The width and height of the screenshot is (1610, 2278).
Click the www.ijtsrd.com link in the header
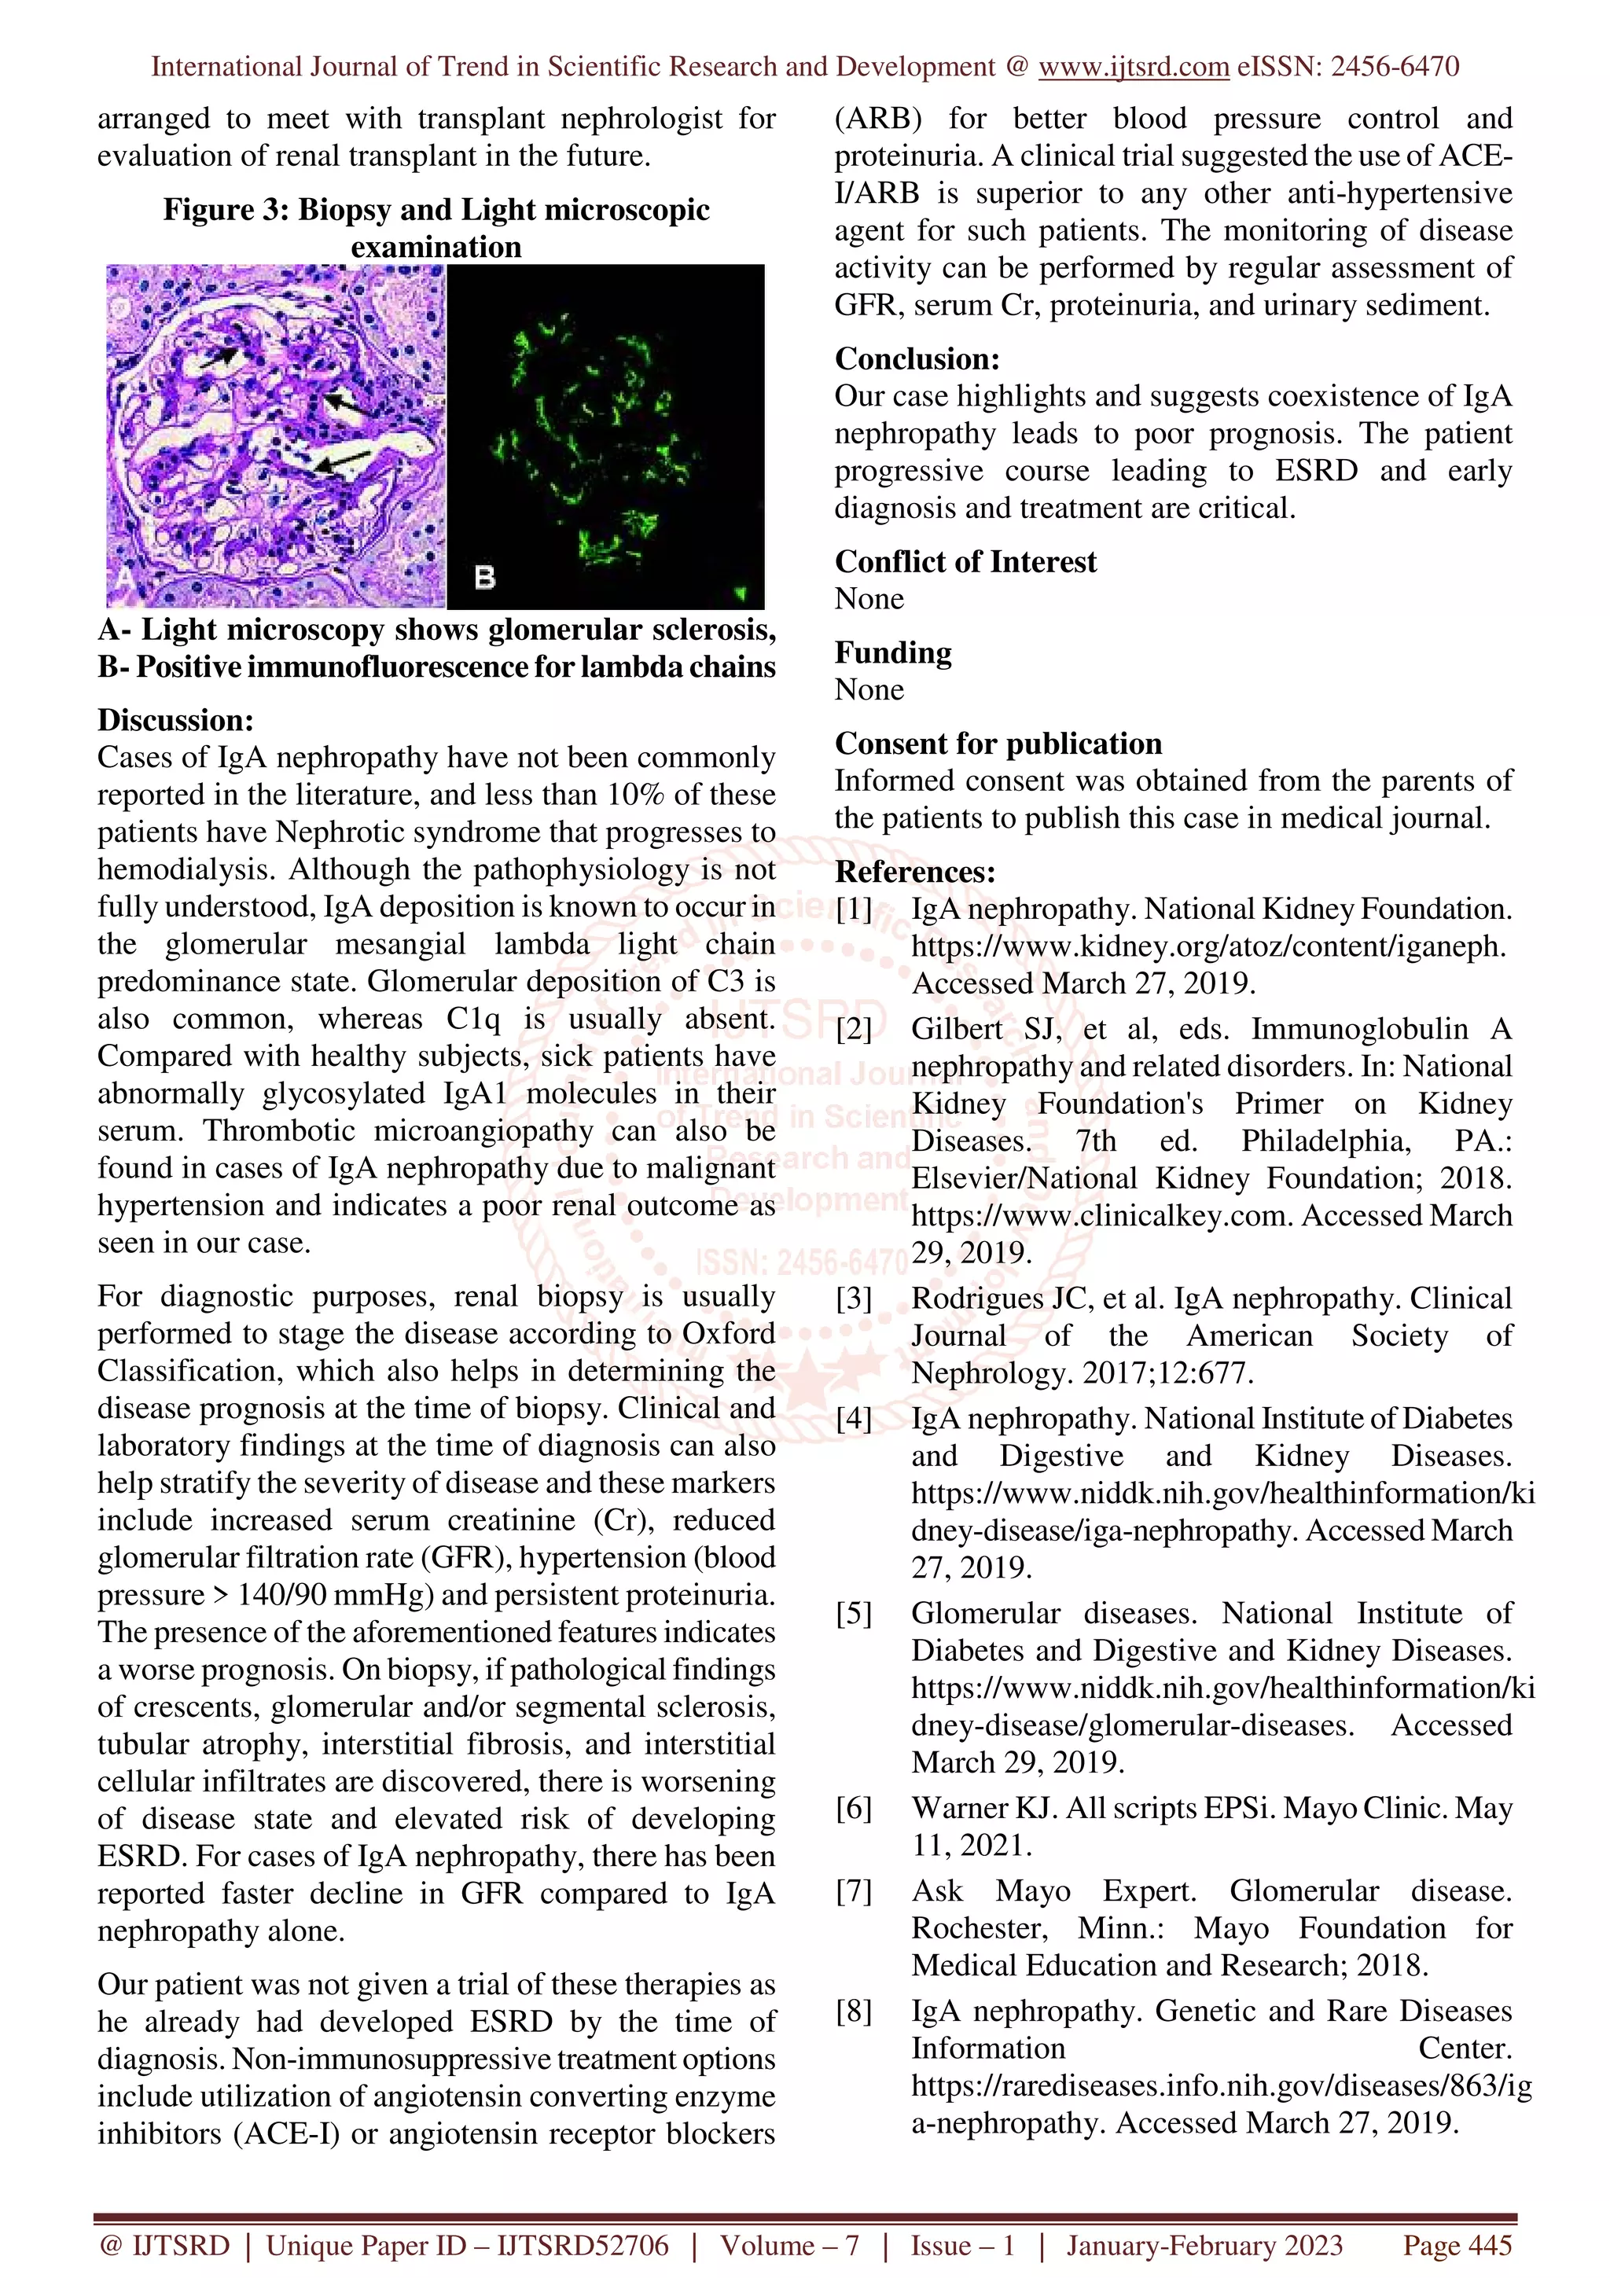1133,67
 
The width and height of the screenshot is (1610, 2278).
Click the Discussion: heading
175,719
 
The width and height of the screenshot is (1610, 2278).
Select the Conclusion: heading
917,358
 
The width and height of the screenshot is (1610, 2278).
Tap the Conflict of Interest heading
965,561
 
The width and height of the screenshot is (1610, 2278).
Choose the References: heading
914,871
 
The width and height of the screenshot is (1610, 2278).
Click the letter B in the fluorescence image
485,576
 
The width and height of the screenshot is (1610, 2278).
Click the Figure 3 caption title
436,227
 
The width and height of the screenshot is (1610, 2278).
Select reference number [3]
854,1298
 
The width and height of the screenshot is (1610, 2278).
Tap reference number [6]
854,1808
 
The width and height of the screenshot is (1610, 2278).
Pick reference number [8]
854,2011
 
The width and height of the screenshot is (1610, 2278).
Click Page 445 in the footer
1456,2245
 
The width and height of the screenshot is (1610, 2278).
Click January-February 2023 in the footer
1204,2245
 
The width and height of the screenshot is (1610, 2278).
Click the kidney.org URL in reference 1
1207,946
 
